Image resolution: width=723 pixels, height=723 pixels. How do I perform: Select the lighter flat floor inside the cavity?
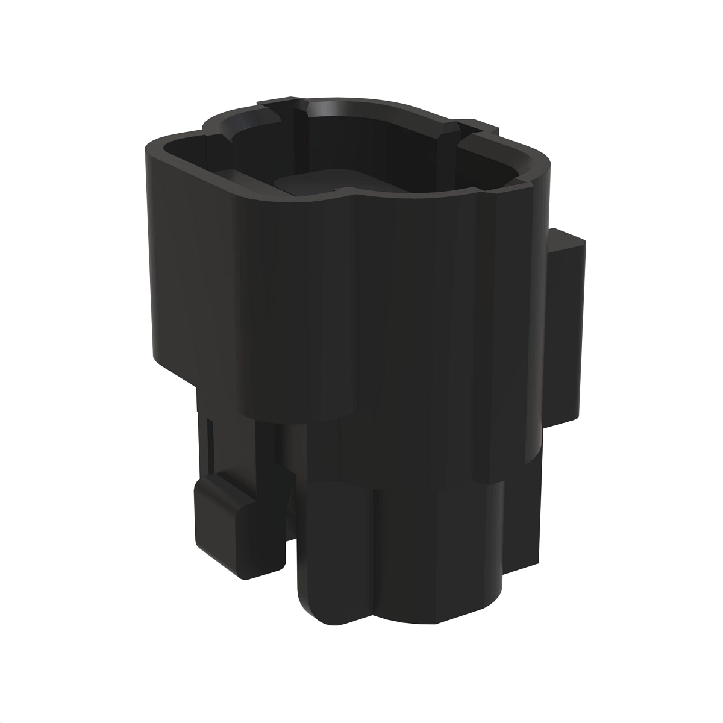click(x=307, y=184)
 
